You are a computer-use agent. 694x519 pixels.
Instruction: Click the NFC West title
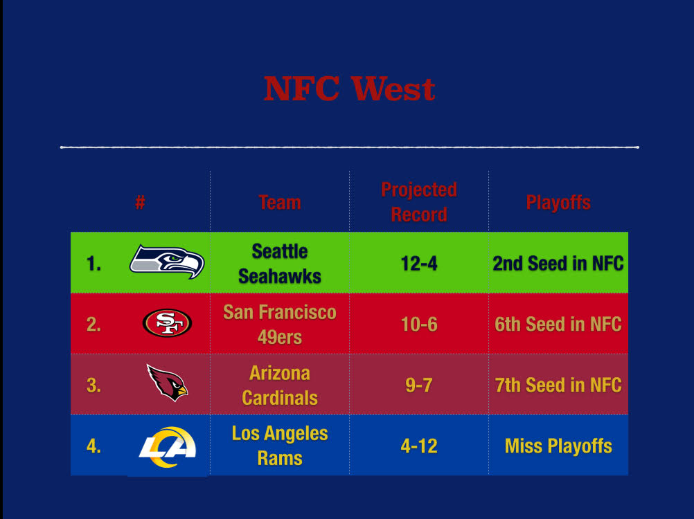[349, 89]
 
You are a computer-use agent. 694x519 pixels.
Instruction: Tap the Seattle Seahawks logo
[167, 262]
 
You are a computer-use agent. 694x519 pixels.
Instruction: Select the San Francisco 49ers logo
[168, 322]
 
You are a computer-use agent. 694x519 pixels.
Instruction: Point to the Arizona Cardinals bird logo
[168, 383]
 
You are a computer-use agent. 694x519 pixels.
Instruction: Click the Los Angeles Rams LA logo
[168, 447]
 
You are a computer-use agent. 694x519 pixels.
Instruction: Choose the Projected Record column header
[419, 202]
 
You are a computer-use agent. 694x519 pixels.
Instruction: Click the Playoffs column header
[558, 203]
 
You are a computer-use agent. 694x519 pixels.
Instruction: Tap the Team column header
[280, 203]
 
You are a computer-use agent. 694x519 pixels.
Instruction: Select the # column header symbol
[140, 203]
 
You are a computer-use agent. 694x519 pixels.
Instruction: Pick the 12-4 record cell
[419, 264]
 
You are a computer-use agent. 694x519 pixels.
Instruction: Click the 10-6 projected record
[419, 325]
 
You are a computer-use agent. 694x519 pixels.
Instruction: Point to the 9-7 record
[419, 385]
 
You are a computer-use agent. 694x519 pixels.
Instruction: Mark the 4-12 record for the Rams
[419, 446]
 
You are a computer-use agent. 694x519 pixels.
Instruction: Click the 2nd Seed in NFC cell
[558, 264]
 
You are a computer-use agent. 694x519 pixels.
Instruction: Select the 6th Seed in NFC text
[558, 325]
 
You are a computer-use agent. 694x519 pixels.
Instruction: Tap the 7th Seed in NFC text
[558, 385]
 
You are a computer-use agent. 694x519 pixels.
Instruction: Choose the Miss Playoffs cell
[558, 446]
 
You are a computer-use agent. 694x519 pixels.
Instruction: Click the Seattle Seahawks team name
[280, 264]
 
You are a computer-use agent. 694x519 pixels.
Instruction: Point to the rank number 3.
[94, 385]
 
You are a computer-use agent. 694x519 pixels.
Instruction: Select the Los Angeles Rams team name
[280, 446]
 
